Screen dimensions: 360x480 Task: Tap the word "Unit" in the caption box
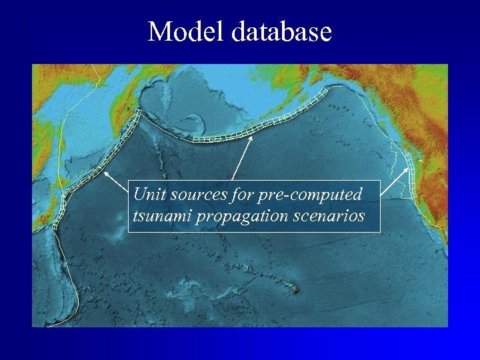tap(147, 195)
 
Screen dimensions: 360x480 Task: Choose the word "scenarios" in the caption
tap(329, 216)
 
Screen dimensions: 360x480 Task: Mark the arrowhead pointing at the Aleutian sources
tap(251, 137)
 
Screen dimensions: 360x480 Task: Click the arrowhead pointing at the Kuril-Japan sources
tap(105, 171)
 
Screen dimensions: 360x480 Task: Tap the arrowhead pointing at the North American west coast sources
tap(408, 169)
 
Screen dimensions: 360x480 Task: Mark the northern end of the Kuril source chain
tap(137, 113)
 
